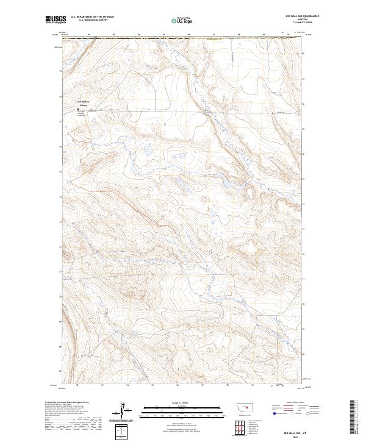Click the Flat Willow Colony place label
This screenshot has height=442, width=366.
point(83,103)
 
